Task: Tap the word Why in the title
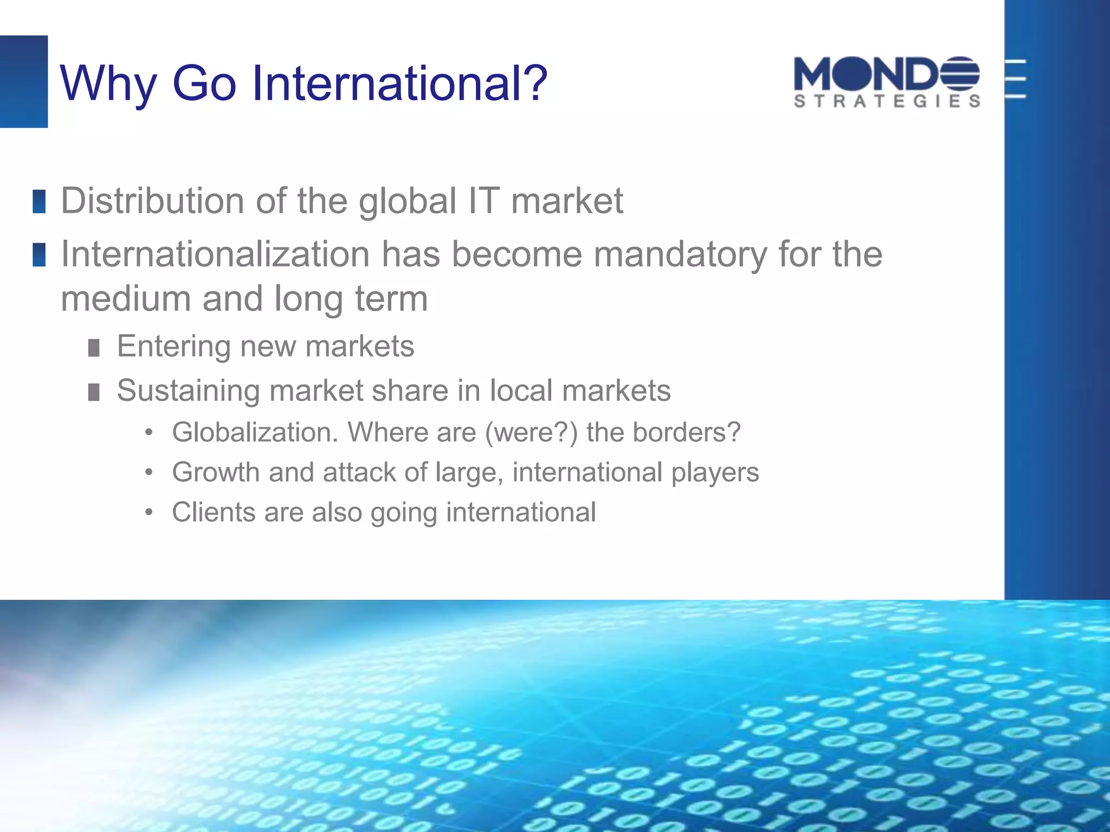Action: (x=108, y=84)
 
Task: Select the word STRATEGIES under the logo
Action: (x=887, y=101)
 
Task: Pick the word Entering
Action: (x=173, y=346)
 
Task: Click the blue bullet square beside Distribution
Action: (x=39, y=201)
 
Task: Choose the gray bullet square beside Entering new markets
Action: (x=94, y=348)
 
